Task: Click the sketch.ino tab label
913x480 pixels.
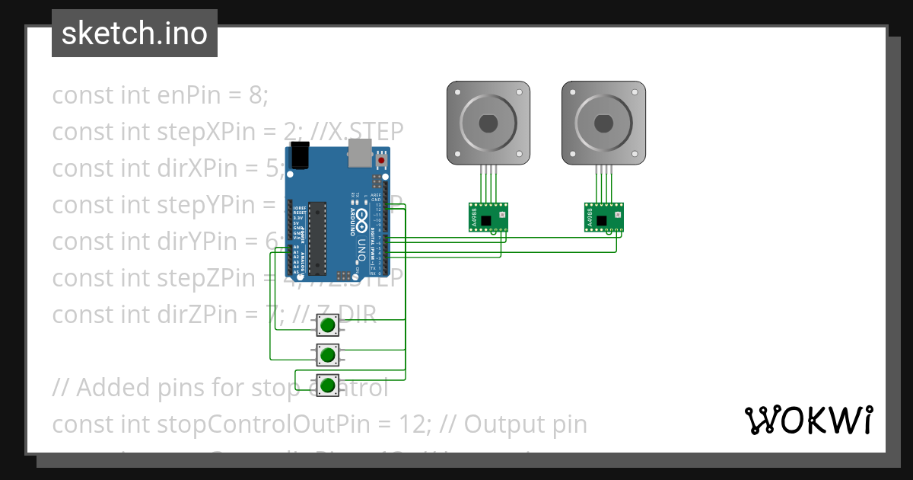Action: pos(134,34)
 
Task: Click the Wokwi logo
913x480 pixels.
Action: pos(809,420)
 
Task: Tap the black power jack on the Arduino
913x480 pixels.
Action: pos(300,155)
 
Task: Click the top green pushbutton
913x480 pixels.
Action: pos(327,326)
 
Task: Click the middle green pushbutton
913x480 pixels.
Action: pos(327,354)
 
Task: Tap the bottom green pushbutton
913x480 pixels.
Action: pos(327,385)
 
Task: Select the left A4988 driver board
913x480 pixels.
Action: pos(487,216)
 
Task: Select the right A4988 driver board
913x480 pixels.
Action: pos(603,216)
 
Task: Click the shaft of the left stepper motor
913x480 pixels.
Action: pos(488,122)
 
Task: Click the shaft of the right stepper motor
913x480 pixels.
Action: pos(603,122)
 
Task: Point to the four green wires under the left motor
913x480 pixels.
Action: pos(488,184)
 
